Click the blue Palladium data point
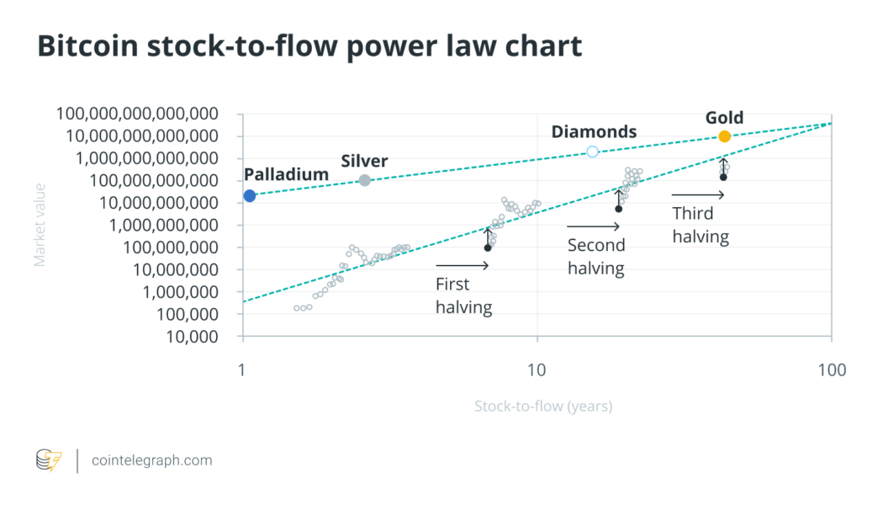coord(249,196)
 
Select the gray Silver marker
coord(365,180)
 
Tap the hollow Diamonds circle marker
coord(592,151)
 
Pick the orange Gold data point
coord(724,136)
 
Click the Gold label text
coord(724,118)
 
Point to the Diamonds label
coord(594,131)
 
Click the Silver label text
coord(364,161)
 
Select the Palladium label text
coord(286,174)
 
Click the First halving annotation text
coord(463,295)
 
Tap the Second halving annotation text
coord(595,257)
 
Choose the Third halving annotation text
coord(700,225)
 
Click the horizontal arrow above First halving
coord(462,266)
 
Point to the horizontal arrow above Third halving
coord(698,195)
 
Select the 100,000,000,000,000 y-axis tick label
coord(137,114)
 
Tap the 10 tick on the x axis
coord(537,369)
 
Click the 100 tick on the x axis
coord(831,369)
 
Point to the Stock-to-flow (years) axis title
coord(543,407)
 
